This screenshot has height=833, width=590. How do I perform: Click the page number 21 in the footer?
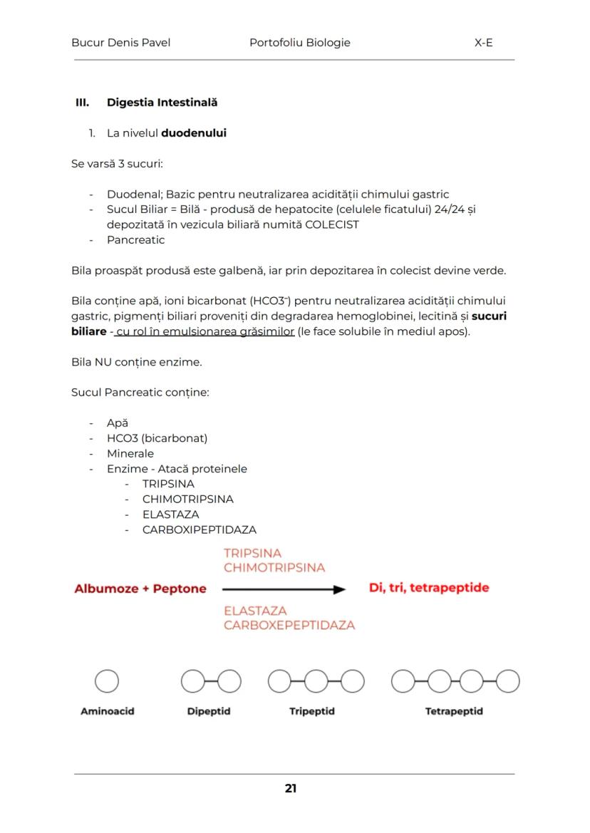[291, 788]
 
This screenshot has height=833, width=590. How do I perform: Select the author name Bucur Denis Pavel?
[120, 43]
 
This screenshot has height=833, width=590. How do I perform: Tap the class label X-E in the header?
[483, 43]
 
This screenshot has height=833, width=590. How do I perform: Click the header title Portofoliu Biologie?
[299, 43]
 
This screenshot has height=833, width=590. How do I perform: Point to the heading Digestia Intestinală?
[162, 103]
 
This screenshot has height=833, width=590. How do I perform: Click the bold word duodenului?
[194, 133]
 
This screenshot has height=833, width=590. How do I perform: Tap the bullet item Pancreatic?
[135, 240]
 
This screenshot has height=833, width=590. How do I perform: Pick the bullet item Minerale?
[130, 453]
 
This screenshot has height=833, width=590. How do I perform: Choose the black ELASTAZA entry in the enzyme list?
[170, 514]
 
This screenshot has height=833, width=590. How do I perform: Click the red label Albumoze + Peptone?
[140, 589]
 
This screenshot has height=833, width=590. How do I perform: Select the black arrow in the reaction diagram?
[284, 589]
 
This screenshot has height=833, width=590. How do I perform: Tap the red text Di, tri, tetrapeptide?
[429, 588]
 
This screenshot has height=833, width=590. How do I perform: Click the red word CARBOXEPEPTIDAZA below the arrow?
[289, 625]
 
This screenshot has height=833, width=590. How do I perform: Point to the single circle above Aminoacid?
[107, 682]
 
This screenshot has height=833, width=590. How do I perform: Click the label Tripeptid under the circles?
[311, 711]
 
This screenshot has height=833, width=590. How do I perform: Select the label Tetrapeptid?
[453, 711]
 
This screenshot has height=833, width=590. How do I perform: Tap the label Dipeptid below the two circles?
[208, 711]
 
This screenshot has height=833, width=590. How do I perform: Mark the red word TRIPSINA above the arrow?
[252, 553]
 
